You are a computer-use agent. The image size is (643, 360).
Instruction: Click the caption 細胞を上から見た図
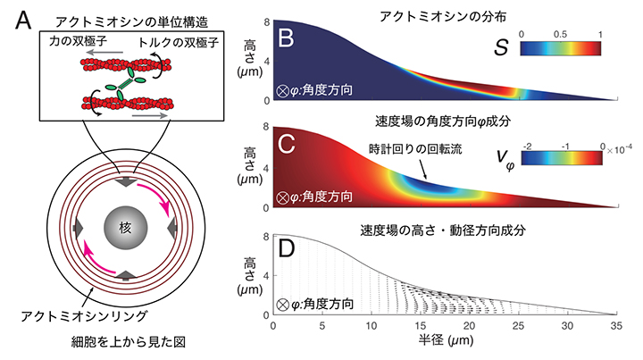click(x=119, y=343)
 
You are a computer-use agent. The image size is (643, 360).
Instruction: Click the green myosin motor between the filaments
click(x=125, y=81)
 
